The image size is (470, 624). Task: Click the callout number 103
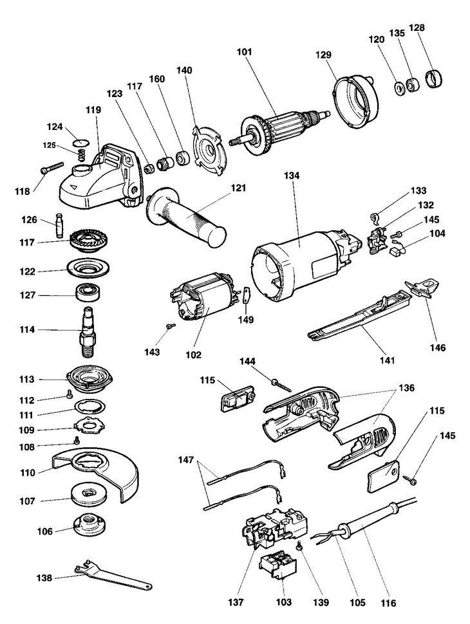click(x=283, y=603)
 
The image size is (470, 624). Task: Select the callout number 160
click(x=158, y=79)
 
